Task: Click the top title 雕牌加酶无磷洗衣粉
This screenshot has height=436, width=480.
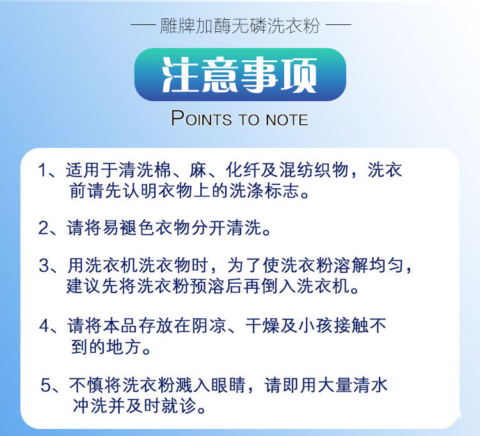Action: coord(240,26)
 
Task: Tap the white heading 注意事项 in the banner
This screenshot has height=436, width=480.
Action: coord(240,75)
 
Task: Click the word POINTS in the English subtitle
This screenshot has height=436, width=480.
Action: coord(202,118)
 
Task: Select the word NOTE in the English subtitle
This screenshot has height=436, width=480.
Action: coord(287,120)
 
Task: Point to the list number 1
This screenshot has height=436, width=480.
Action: coord(42,170)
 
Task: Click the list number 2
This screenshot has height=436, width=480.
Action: coord(43,227)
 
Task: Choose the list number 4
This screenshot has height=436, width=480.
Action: coord(44,325)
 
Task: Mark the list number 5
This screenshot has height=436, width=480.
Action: coord(45,385)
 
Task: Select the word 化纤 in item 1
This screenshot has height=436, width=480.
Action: coord(243,170)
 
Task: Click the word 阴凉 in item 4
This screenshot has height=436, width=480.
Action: coord(209,325)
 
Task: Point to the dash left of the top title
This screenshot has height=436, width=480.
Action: coord(143,24)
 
